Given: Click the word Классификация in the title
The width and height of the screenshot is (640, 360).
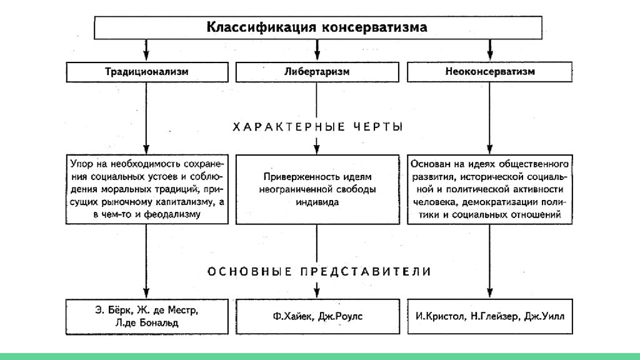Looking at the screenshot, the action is pos(261,27).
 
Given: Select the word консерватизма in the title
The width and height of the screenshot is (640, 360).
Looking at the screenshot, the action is pos(375,27).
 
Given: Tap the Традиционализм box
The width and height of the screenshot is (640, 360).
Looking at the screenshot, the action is pos(147,72).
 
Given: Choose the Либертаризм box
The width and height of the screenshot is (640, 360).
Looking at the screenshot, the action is pos(317,72).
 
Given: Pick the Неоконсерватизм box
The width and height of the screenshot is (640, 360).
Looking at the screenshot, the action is pos(490,72).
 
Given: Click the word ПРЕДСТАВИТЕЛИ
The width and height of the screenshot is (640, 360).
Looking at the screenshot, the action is pos(366,271).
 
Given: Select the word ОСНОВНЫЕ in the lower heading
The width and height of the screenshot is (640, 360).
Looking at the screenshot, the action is pos(249,271).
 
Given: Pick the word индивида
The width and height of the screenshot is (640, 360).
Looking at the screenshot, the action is pos(317,202).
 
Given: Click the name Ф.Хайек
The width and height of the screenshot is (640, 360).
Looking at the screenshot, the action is pos(294,316).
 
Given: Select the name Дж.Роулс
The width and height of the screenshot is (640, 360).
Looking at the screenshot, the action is pos(340,316).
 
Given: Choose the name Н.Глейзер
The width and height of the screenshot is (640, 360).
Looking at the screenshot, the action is pos(494,316).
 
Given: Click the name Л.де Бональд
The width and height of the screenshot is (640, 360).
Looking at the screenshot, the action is pos(146,323).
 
